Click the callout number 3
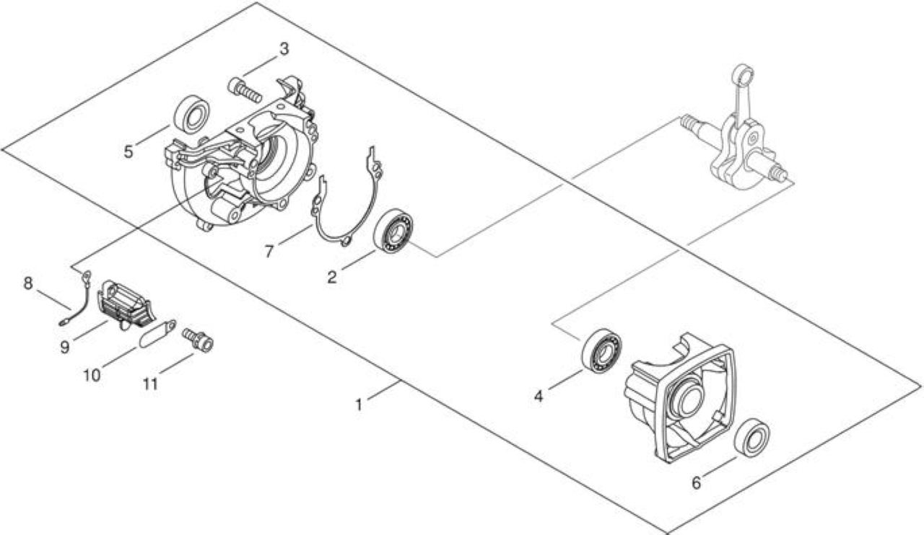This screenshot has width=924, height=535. click(284, 50)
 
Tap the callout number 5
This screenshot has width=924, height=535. click(128, 151)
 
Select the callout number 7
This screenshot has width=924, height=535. click(269, 251)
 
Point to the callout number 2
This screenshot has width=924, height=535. click(332, 278)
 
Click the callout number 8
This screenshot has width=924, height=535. click(27, 283)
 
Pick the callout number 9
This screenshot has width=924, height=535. click(65, 347)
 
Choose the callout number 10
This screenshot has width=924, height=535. click(92, 376)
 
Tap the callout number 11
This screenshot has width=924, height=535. click(151, 384)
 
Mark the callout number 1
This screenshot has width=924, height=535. click(359, 404)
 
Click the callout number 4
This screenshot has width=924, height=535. click(539, 397)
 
